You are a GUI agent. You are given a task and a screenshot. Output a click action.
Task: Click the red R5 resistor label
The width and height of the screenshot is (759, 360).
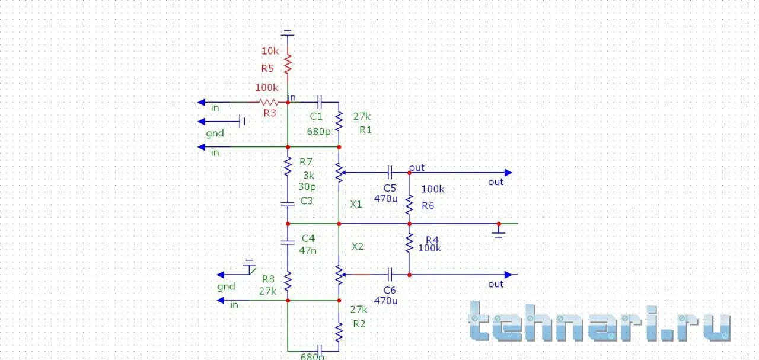coord(268,68)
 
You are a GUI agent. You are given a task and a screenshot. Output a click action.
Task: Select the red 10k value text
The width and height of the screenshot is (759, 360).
coord(270,50)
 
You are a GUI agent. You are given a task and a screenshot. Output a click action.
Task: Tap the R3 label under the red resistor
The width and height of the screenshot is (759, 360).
coord(270,113)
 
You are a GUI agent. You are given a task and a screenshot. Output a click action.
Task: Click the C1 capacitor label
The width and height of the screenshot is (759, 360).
coord(316,116)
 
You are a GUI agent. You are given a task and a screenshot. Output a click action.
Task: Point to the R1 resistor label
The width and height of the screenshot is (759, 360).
coord(365,130)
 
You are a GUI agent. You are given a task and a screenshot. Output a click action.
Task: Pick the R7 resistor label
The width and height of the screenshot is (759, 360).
coord(306,161)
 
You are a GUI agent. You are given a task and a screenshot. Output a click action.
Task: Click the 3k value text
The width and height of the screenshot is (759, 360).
coord(308,176)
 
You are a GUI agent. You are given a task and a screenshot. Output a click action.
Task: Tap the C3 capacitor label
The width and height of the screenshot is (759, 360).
coord(307,201)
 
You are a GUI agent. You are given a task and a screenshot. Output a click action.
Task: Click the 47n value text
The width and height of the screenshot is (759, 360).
coord(308,250)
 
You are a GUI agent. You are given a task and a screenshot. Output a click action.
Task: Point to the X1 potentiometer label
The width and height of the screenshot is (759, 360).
coord(356,204)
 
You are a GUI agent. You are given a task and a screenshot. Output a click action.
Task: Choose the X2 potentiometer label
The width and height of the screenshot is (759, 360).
coord(358,246)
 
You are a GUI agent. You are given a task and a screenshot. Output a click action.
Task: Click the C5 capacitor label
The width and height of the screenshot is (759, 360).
coord(390,187)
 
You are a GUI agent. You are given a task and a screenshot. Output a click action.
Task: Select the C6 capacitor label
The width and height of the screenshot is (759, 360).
coord(390,290)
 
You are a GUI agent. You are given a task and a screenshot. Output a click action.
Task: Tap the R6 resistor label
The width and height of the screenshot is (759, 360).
coord(428,205)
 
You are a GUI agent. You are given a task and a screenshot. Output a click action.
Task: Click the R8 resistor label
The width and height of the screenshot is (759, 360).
coord(268,279)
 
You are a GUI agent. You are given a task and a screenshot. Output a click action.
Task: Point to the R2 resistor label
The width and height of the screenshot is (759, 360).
coord(359,324)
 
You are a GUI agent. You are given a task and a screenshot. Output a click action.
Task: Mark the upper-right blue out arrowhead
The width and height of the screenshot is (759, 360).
coord(508,173)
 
